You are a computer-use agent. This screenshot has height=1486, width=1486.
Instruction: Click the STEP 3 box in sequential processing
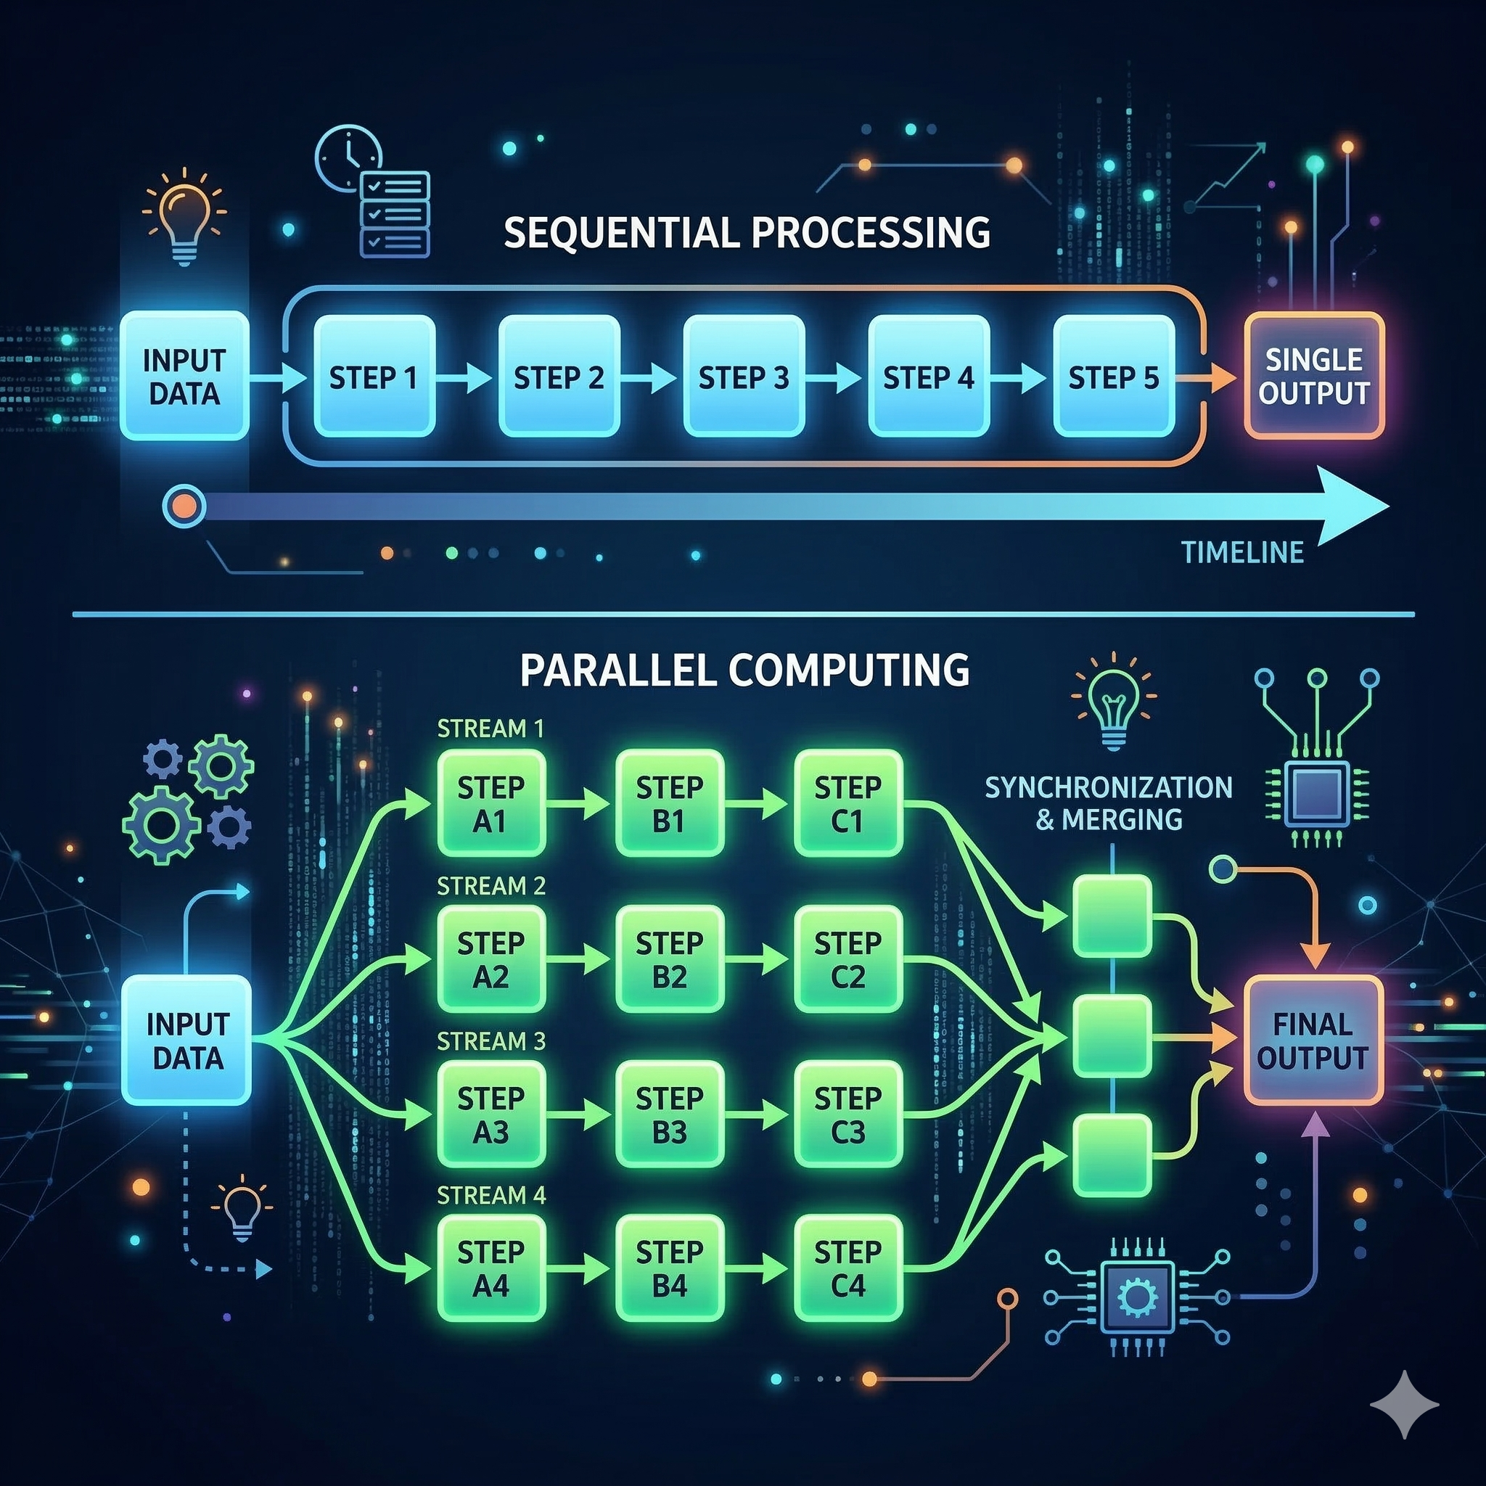744,376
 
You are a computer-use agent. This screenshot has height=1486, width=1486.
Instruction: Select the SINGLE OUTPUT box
1314,376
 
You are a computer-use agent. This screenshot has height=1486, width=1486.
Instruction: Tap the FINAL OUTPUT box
1312,1040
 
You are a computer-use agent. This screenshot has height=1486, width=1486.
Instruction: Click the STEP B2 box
669,959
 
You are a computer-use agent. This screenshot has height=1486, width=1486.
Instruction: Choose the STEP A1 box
490,804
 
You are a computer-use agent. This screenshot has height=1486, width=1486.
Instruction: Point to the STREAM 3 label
490,1041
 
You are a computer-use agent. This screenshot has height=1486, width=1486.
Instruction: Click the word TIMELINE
1242,552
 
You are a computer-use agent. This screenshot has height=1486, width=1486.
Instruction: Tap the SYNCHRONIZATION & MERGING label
1109,803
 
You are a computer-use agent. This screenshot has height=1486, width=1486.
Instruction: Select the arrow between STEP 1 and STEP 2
464,377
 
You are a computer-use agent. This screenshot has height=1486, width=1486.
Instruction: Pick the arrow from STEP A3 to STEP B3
578,1114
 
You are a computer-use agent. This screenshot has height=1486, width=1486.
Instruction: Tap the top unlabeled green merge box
1112,915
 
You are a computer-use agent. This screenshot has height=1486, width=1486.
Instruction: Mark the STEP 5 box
1113,376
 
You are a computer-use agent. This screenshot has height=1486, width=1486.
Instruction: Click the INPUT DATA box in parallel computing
187,1040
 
